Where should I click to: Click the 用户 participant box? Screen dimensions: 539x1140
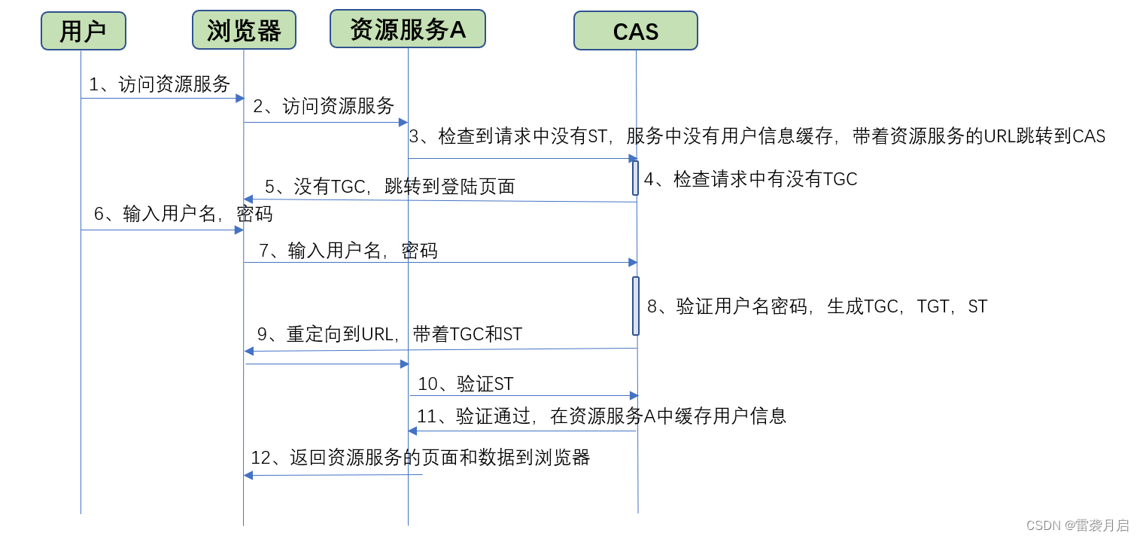point(83,31)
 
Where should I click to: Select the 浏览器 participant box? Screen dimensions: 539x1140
point(244,30)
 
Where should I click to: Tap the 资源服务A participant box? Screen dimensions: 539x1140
point(407,29)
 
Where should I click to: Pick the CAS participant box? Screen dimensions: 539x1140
point(635,31)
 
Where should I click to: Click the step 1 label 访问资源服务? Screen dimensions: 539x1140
point(160,84)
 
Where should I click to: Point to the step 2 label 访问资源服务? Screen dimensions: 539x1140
point(324,106)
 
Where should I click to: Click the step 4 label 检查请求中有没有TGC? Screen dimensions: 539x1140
point(750,179)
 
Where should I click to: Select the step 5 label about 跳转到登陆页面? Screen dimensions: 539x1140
point(389,187)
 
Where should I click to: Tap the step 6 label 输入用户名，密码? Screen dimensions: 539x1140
point(183,214)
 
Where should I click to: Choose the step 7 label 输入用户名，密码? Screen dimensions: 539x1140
point(348,251)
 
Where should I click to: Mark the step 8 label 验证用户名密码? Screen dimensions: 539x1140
point(816,306)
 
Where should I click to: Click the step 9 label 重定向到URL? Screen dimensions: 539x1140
point(389,334)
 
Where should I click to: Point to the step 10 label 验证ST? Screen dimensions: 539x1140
point(465,384)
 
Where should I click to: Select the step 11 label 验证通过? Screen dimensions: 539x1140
point(601,416)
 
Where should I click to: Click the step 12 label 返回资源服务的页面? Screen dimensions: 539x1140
point(420,457)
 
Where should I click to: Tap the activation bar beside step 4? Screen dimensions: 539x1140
point(636,178)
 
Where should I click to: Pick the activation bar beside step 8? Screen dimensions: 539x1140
point(636,306)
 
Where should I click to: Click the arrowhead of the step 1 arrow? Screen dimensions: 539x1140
point(240,98)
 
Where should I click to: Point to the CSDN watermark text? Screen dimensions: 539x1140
point(1078,525)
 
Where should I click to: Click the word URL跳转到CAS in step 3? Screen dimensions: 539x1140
point(1044,136)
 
